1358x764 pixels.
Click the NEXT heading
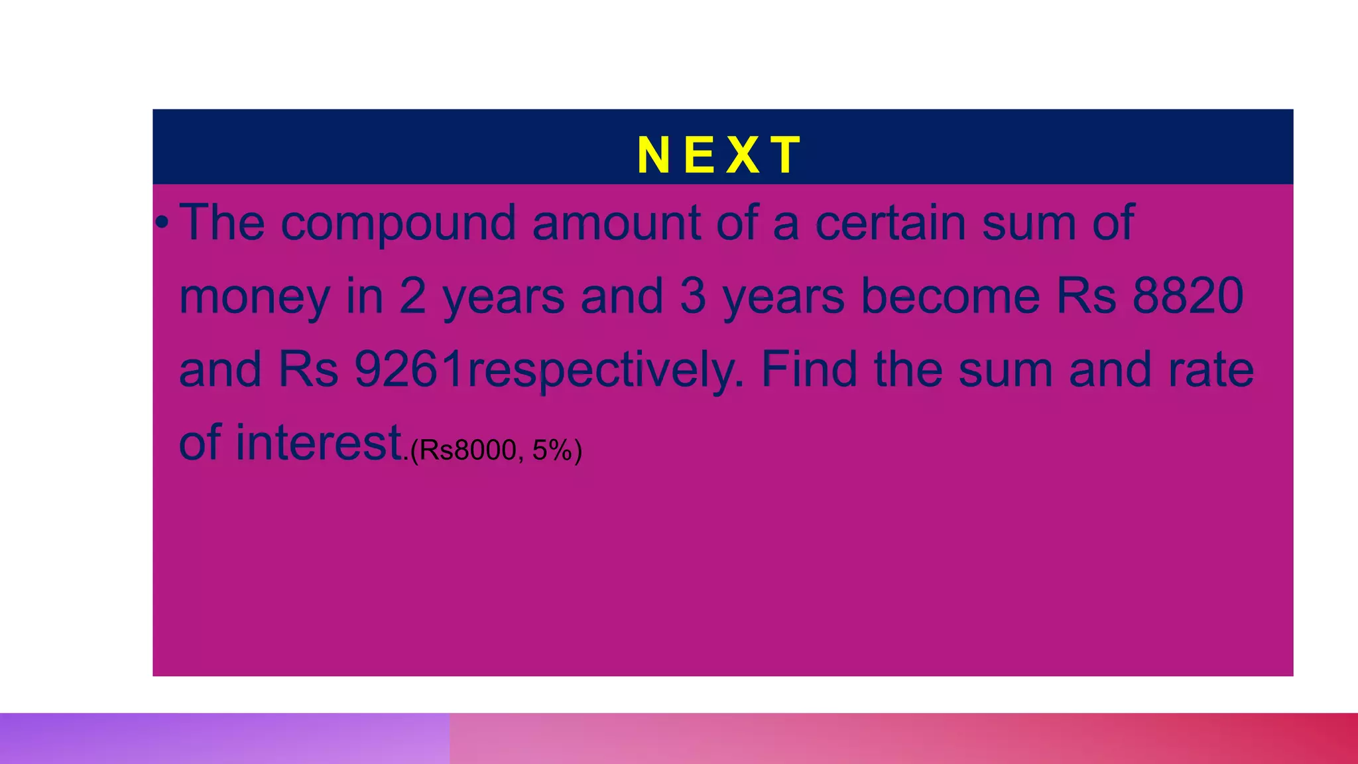(720, 155)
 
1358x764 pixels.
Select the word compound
(398, 224)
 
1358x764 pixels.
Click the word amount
(616, 223)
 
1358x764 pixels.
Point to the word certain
(890, 223)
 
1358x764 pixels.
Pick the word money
(254, 297)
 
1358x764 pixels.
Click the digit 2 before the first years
(412, 296)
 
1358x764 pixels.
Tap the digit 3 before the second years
(693, 296)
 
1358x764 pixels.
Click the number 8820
(1188, 296)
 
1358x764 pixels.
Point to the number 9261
(409, 369)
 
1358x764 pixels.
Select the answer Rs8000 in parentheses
(467, 450)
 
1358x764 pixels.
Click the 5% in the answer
(552, 450)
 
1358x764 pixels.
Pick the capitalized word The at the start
(222, 223)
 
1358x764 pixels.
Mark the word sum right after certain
(1028, 223)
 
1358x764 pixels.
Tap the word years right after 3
(783, 297)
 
